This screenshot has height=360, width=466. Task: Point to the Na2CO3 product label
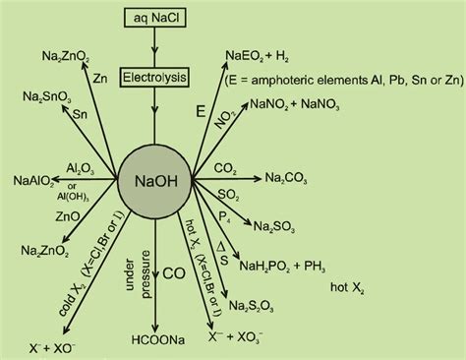292,178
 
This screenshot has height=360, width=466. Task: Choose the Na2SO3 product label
277,226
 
